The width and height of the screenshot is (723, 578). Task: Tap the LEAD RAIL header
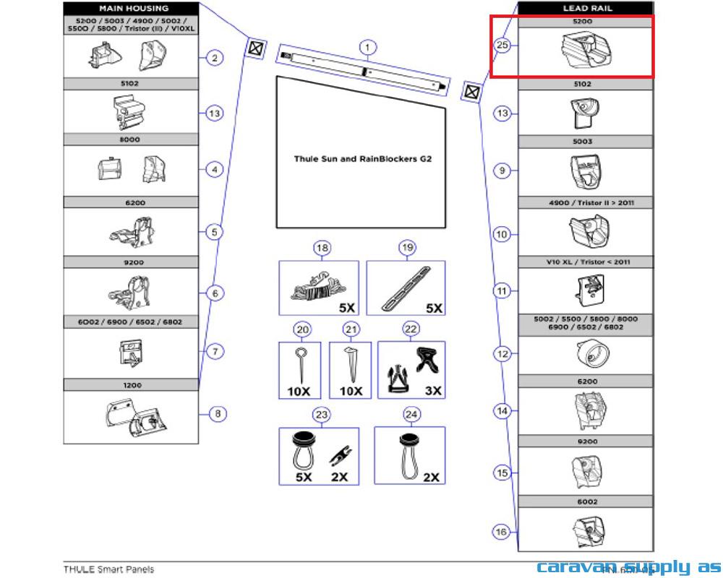point(586,8)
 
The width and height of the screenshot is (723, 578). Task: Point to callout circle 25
point(503,45)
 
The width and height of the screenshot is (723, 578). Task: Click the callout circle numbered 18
point(322,249)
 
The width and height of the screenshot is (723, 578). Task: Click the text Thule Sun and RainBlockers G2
point(362,158)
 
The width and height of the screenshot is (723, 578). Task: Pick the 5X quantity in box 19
point(433,308)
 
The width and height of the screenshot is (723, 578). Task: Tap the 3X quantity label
point(432,391)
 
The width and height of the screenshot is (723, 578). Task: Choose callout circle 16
point(501,532)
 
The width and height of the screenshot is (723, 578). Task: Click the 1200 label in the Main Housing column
point(132,386)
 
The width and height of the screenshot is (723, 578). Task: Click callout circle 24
point(411,415)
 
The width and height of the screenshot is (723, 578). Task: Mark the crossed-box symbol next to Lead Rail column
point(471,92)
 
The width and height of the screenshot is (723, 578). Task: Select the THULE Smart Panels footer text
point(108,569)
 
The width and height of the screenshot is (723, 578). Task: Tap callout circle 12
point(502,354)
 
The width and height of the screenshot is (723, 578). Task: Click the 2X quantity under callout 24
point(431,477)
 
